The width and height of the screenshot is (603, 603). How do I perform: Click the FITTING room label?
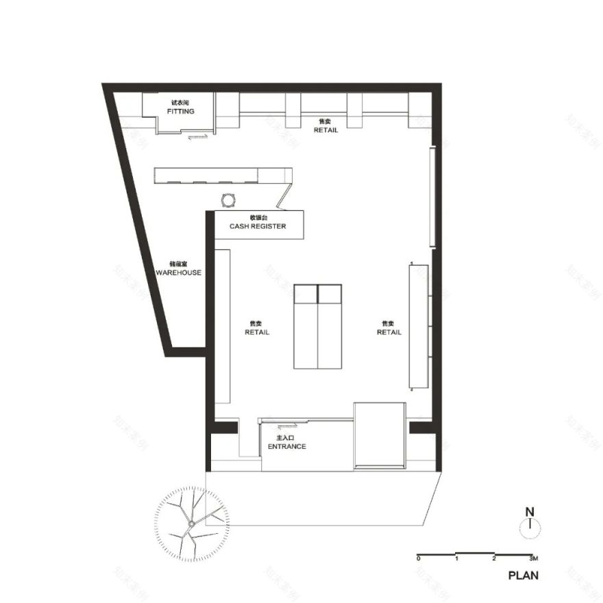pos(180,111)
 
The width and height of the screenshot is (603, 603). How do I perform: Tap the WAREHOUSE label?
pos(178,272)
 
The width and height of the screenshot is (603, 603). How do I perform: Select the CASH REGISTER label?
pos(257,226)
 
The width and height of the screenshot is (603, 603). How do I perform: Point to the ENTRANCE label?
pos(286,446)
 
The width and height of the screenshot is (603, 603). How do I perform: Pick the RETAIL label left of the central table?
pos(257,332)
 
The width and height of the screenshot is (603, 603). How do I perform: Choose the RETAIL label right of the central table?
pos(389,332)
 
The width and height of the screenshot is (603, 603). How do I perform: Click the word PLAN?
pos(523,576)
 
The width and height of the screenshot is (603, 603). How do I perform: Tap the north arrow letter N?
pos(529,511)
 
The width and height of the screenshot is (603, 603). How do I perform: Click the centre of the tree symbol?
pos(190,524)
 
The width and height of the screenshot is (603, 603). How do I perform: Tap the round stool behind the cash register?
pos(228,199)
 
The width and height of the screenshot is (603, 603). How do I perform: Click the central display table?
pos(317,326)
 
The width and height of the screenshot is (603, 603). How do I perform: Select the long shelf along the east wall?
pos(419,327)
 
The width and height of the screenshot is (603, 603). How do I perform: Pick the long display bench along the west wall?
pos(223,326)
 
